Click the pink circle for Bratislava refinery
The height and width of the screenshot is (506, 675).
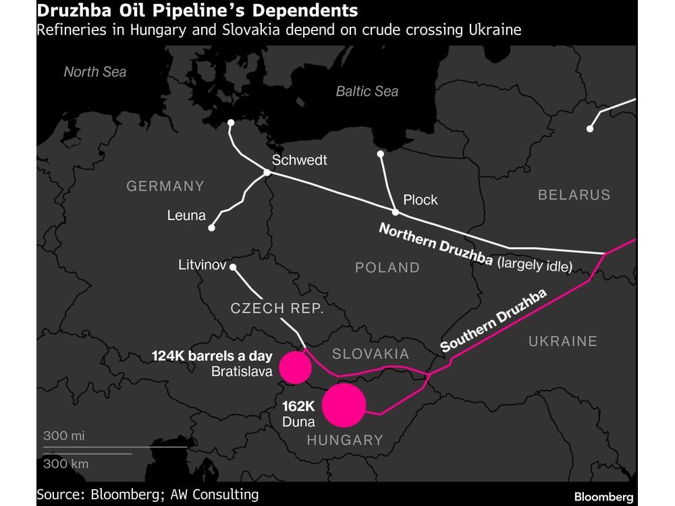(295, 367)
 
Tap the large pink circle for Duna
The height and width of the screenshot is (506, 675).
(344, 405)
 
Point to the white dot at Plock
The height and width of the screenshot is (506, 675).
(396, 213)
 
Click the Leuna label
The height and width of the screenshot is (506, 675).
(186, 216)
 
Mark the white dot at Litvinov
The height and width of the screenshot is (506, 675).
(233, 268)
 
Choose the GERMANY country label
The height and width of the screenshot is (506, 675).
(165, 186)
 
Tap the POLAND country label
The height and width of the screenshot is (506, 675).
(387, 268)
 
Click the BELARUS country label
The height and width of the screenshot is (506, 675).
(574, 195)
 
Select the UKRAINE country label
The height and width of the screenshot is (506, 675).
(563, 341)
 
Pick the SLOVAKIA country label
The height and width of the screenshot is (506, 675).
(371, 354)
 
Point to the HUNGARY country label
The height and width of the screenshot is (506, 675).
(345, 441)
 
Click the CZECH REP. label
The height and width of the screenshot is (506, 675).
(277, 308)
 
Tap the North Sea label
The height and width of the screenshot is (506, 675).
(95, 72)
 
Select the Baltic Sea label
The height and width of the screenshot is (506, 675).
(367, 91)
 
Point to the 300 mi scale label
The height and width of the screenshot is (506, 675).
(64, 436)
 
